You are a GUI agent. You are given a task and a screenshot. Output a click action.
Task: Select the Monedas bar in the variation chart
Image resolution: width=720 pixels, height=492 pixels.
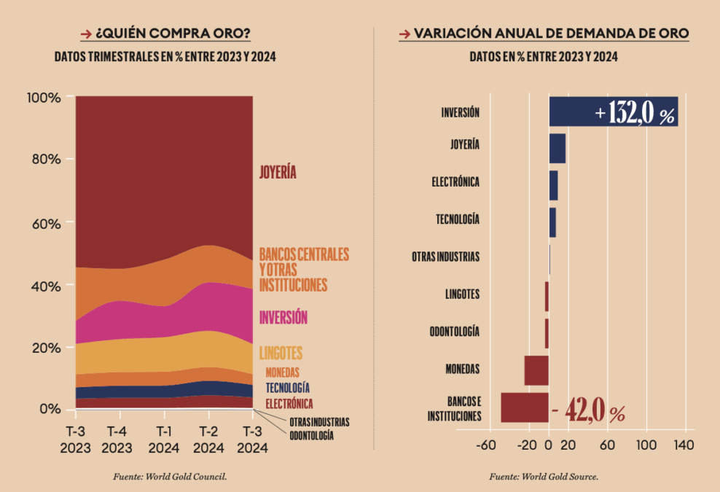tap(536, 370)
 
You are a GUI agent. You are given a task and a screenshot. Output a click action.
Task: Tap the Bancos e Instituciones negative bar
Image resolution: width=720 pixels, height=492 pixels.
tap(525, 407)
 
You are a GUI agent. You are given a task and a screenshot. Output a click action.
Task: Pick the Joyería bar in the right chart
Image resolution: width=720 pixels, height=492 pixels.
tap(557, 149)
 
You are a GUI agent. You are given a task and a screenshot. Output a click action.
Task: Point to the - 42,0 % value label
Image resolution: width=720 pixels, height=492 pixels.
tap(589, 413)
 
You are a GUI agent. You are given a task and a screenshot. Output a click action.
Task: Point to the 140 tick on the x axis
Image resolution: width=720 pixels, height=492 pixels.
tap(684, 444)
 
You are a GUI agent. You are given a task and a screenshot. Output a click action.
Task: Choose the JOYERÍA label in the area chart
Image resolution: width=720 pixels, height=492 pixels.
tap(278, 173)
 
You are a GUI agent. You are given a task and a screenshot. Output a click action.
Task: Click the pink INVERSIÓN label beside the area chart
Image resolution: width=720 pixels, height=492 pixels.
tap(283, 317)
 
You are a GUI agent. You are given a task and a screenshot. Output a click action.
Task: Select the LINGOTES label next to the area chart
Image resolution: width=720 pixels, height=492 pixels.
tap(281, 354)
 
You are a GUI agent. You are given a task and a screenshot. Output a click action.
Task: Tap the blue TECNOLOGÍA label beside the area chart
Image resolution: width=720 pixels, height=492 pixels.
tap(287, 388)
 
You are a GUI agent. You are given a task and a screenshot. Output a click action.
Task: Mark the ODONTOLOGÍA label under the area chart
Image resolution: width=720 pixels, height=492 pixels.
tap(311, 435)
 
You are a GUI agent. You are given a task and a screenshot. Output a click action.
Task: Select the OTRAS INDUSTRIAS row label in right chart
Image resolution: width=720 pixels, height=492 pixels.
tap(445, 257)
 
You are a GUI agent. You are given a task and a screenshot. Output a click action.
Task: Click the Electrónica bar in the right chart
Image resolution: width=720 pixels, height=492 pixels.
tap(554, 185)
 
